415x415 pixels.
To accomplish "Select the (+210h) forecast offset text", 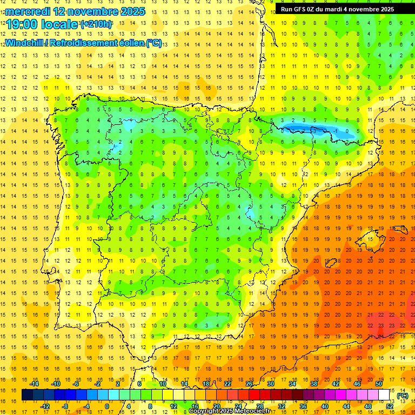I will pos(96,24).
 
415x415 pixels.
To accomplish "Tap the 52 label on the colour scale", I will pos(390,406).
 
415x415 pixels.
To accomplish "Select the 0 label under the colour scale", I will pos(106,406).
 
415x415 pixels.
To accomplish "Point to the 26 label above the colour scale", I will pos(249,384).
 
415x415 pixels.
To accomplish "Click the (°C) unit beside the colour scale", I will pos(403,396).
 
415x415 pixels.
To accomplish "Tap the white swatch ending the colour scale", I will pos(384,395).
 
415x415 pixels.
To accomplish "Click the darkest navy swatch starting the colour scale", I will pos(27,395).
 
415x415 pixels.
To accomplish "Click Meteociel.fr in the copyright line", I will pos(250,411).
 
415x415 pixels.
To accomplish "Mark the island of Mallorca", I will pos(368,238).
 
